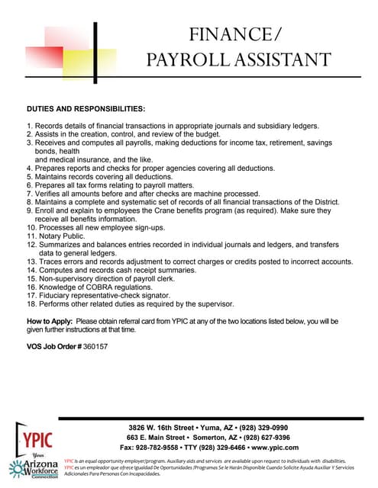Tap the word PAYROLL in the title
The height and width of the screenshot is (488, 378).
187,60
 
